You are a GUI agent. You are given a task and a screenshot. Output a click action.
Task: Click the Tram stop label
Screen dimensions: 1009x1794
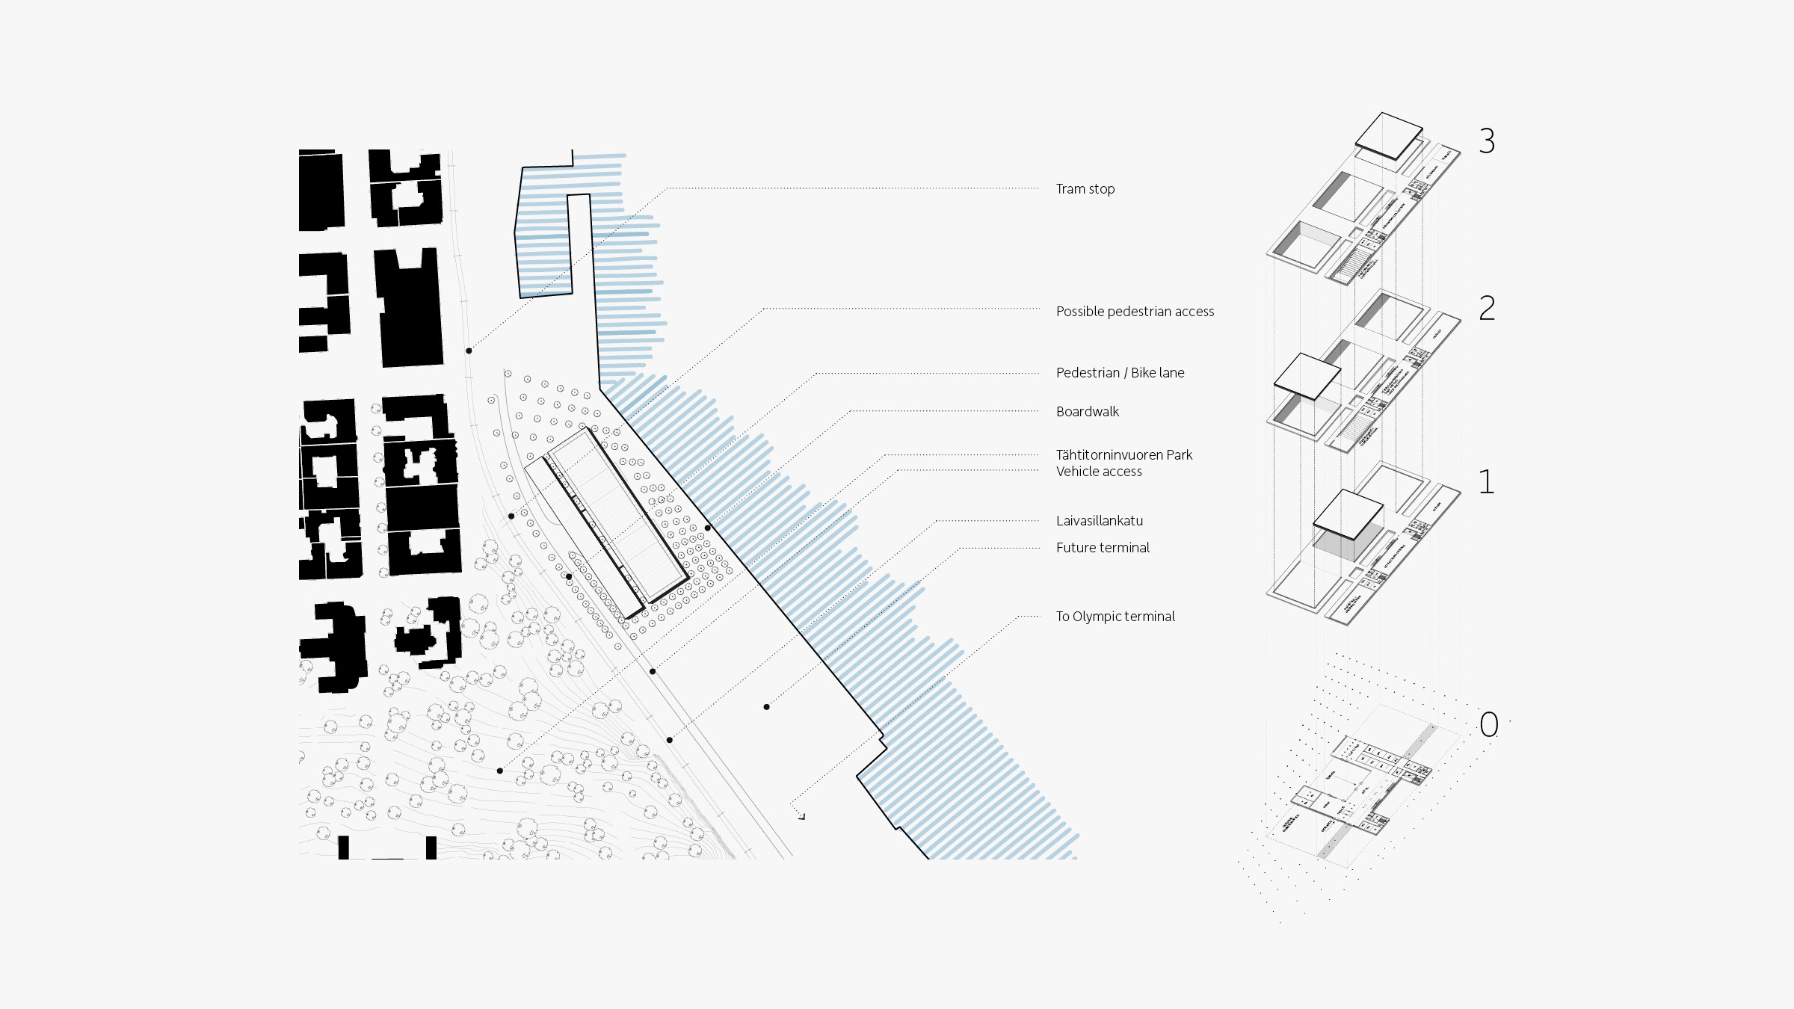(x=1085, y=189)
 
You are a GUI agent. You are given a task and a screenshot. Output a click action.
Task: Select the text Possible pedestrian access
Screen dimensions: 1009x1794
(x=1135, y=312)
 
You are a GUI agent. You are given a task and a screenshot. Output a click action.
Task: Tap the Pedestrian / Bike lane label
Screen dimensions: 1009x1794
(x=1120, y=373)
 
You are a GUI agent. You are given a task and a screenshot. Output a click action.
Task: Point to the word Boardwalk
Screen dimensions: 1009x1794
(x=1088, y=412)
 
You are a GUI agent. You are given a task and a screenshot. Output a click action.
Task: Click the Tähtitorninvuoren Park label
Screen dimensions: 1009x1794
(x=1123, y=455)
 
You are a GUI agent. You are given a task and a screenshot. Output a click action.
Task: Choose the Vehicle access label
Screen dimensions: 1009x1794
(x=1099, y=472)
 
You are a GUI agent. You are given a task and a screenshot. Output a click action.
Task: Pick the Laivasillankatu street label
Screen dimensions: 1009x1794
(x=1100, y=521)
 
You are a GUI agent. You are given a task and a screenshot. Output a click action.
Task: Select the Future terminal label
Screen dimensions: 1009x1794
(x=1103, y=548)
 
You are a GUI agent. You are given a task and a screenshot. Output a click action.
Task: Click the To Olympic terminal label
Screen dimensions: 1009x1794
(x=1115, y=617)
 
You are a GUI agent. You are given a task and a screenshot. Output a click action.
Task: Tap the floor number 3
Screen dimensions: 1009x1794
(x=1487, y=141)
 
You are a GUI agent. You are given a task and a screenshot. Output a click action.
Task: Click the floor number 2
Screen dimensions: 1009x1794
(x=1487, y=308)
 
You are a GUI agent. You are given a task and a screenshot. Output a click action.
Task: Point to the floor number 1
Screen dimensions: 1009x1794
(x=1487, y=482)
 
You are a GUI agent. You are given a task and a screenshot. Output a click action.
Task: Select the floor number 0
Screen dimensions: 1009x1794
(x=1489, y=724)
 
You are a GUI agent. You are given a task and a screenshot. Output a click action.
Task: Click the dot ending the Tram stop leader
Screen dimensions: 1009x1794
(x=469, y=351)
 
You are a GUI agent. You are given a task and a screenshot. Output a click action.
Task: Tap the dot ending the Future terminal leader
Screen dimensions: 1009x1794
(x=766, y=707)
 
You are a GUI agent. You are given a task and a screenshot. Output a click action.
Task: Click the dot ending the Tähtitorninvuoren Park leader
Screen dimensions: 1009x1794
(x=653, y=672)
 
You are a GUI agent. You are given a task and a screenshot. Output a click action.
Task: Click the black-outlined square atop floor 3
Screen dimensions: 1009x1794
(x=1389, y=135)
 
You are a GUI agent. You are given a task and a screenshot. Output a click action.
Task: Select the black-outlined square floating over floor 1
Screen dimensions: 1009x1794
(x=1348, y=514)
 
